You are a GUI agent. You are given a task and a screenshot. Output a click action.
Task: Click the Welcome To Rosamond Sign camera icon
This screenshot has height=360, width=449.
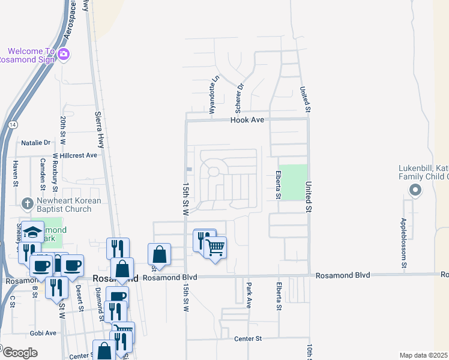pyautogui.click(x=64, y=55)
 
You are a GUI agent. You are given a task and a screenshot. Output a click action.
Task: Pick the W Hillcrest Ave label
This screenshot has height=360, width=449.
pyautogui.click(x=73, y=155)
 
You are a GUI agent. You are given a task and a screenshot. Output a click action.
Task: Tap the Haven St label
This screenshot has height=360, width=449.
pyautogui.click(x=16, y=171)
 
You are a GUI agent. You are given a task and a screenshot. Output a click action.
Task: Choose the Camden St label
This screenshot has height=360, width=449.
pyautogui.click(x=43, y=171)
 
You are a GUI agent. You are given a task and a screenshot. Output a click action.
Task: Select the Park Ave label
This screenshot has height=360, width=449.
pyautogui.click(x=248, y=296)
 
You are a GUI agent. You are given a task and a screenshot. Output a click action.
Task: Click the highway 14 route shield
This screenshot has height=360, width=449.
pyautogui.click(x=11, y=125)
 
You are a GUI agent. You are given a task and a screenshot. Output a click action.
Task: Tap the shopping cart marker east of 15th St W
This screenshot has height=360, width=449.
pyautogui.click(x=215, y=247)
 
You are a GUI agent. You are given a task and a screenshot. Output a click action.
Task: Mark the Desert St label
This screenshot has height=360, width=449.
pyautogui.click(x=79, y=291)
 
